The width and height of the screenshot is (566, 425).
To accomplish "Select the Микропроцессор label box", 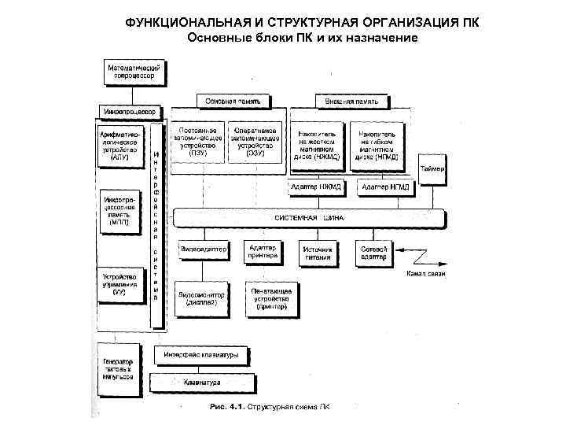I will click(127, 111).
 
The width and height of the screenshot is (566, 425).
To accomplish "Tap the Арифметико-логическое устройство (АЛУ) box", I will click(120, 146).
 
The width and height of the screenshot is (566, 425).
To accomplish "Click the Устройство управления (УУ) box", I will click(120, 284).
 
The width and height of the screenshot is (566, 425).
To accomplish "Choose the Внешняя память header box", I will click(352, 101).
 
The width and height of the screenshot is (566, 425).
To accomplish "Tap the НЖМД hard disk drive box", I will click(317, 145).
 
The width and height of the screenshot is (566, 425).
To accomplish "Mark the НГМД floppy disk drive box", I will click(375, 145).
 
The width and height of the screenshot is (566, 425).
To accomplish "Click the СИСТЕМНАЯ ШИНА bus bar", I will click(310, 218).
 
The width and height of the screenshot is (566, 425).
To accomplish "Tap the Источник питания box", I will click(318, 253).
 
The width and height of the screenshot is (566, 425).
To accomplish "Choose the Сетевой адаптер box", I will click(373, 253).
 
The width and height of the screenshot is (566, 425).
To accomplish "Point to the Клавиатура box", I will click(202, 382).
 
